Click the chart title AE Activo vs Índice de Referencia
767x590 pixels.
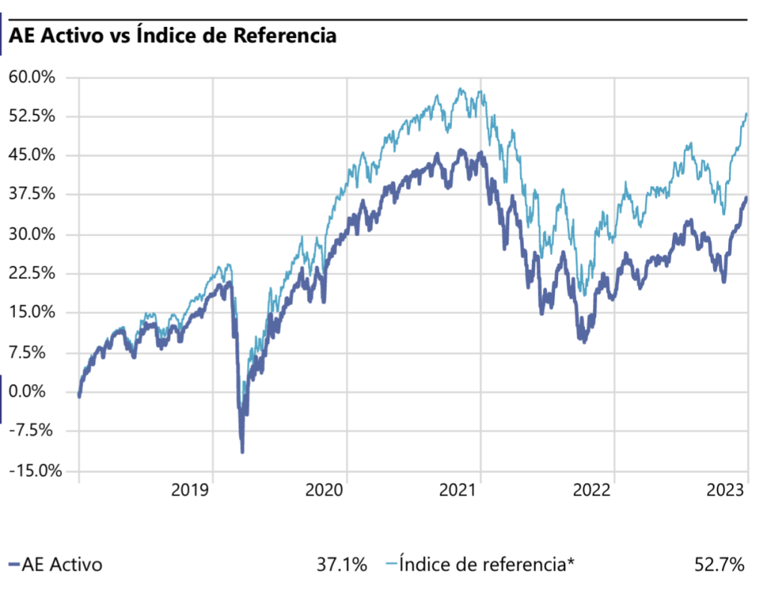click(x=172, y=36)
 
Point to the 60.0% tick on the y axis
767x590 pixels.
click(x=32, y=77)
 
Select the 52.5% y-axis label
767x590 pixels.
click(x=32, y=116)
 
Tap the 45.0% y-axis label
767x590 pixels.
click(x=32, y=155)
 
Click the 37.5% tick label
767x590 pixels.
click(x=32, y=195)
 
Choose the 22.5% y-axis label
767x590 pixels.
click(x=32, y=274)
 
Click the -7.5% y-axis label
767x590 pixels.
click(x=32, y=430)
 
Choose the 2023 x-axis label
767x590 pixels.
click(x=726, y=491)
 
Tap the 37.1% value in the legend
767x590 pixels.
click(x=342, y=565)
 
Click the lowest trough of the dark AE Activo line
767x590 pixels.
click(x=242, y=451)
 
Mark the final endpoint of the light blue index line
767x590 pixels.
click(x=747, y=113)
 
